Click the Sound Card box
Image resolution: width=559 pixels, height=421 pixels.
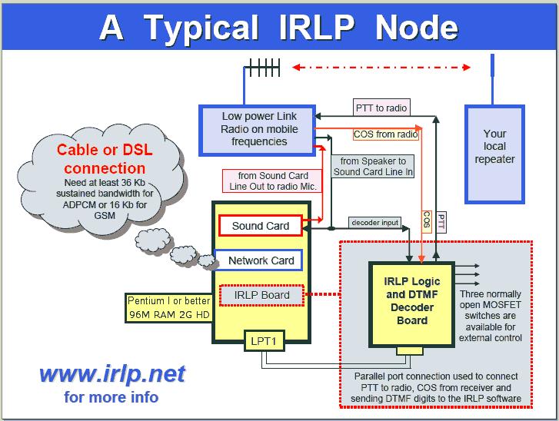click(261, 225)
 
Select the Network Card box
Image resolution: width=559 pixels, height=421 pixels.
click(259, 260)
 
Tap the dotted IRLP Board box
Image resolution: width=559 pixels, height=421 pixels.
click(261, 295)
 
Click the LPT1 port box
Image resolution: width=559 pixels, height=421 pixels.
click(265, 341)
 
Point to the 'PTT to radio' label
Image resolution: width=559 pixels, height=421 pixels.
click(381, 108)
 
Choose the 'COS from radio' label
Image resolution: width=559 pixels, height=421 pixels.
click(386, 134)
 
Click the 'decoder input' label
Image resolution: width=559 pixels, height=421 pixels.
click(374, 223)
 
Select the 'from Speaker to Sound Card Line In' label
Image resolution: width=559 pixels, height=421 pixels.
click(373, 167)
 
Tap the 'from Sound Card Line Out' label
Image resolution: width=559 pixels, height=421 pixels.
click(272, 181)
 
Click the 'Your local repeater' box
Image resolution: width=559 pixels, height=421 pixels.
click(494, 154)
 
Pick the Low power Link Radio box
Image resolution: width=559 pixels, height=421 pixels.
click(258, 131)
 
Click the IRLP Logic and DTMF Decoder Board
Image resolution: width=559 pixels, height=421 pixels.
click(412, 304)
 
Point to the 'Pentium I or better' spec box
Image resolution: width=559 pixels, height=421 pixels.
click(169, 308)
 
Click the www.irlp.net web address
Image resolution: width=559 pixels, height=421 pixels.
click(112, 374)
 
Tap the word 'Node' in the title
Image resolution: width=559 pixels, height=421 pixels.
click(417, 28)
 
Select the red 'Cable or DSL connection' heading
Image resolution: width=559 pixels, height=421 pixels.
click(105, 159)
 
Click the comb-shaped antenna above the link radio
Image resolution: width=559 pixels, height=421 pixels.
click(262, 68)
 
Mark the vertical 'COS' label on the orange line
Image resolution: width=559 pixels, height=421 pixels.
click(427, 221)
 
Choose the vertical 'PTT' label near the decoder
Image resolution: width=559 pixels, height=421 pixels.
click(441, 221)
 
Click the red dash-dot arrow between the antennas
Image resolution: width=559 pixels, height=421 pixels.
click(381, 67)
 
